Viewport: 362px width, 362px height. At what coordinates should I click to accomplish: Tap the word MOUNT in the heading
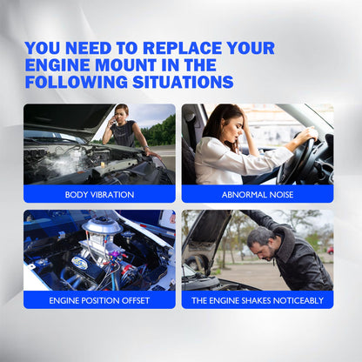click(x=125, y=65)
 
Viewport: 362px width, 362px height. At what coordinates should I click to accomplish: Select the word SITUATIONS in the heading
click(x=183, y=82)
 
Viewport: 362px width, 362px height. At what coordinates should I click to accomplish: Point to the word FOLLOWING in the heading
click(x=77, y=82)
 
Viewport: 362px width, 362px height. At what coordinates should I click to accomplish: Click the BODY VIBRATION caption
click(x=99, y=194)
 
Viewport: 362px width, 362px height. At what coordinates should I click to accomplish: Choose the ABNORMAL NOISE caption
click(x=258, y=194)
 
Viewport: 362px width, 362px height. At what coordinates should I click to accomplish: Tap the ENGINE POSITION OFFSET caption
click(x=99, y=300)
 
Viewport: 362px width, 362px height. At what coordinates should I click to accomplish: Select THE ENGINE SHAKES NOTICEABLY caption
click(x=258, y=300)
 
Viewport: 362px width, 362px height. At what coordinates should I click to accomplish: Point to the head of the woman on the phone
click(x=122, y=113)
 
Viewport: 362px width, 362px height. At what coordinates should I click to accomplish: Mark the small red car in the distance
click(x=330, y=250)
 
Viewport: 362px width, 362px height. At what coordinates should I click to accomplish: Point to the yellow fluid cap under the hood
click(x=103, y=168)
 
